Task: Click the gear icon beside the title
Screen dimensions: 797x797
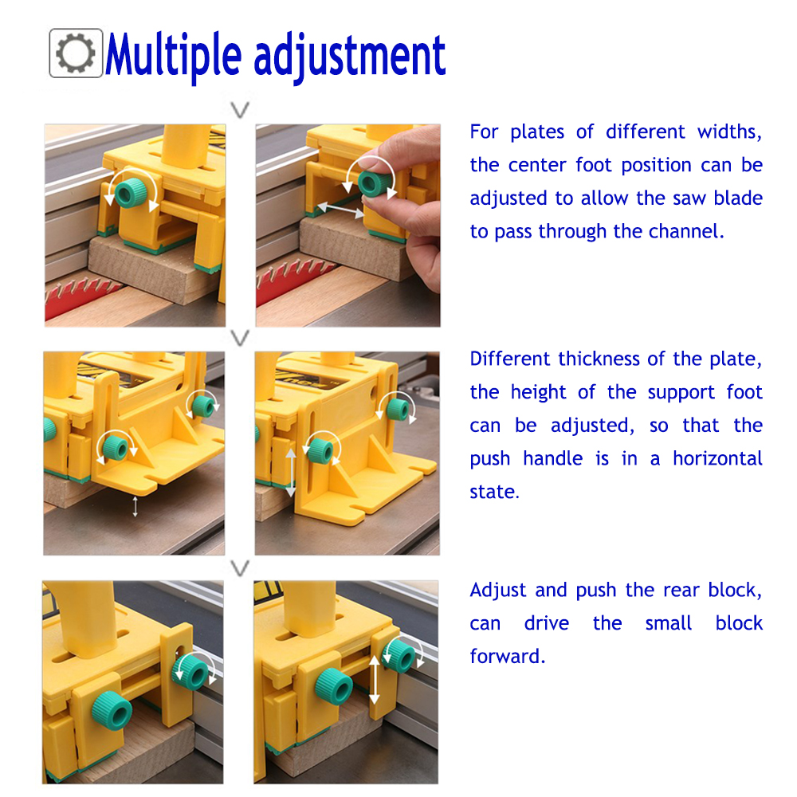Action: click(x=76, y=53)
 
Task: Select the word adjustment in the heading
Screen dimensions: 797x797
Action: click(x=350, y=57)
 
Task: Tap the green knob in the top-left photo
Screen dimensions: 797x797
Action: click(x=131, y=192)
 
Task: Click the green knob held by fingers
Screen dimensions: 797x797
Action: click(x=375, y=183)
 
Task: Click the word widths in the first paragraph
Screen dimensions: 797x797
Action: click(x=729, y=132)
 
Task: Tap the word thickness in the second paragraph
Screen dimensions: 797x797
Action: click(x=599, y=359)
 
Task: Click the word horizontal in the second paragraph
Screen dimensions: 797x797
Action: click(x=717, y=458)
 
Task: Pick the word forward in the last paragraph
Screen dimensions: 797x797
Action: click(x=507, y=656)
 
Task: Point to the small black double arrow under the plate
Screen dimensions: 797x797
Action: click(x=135, y=507)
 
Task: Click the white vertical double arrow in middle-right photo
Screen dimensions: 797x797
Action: click(x=290, y=473)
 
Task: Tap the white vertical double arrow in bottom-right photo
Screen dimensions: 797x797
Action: click(x=374, y=680)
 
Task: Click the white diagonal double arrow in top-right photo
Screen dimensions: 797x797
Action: click(x=340, y=208)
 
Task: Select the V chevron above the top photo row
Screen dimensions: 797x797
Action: click(x=240, y=109)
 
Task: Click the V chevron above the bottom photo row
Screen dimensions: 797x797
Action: click(x=240, y=567)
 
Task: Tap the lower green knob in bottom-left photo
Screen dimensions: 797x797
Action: click(x=112, y=710)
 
